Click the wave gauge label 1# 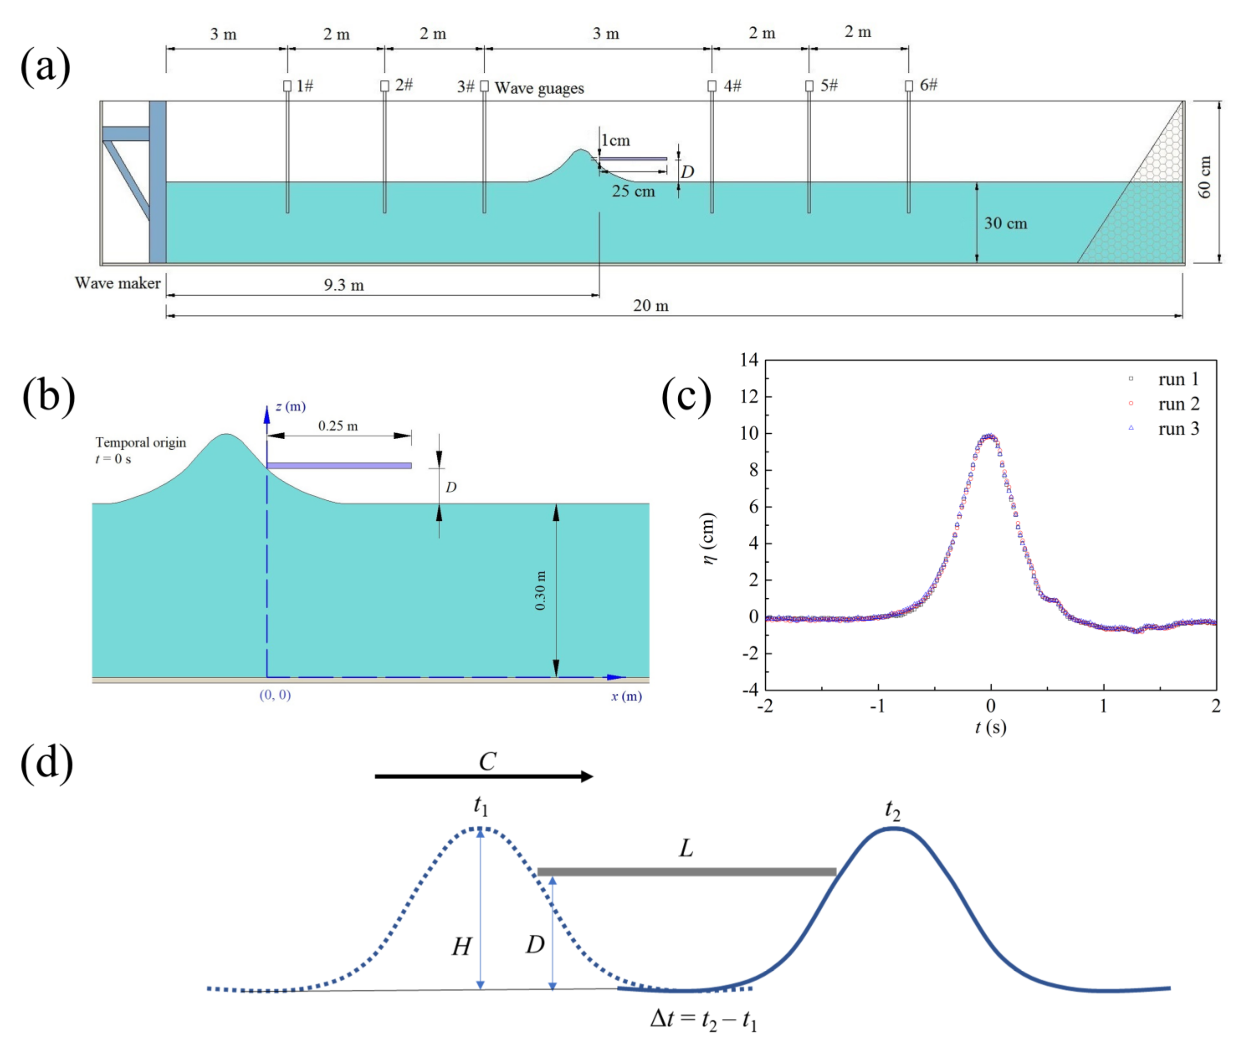point(305,86)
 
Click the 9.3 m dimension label point(344,285)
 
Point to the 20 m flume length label point(650,306)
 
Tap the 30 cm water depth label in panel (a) point(1005,223)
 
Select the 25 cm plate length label point(633,191)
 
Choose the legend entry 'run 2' point(1177,404)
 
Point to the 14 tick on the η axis point(749,360)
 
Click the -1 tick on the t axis point(877,706)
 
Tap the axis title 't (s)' point(990,727)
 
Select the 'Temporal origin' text point(141,442)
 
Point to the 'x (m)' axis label point(626,696)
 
